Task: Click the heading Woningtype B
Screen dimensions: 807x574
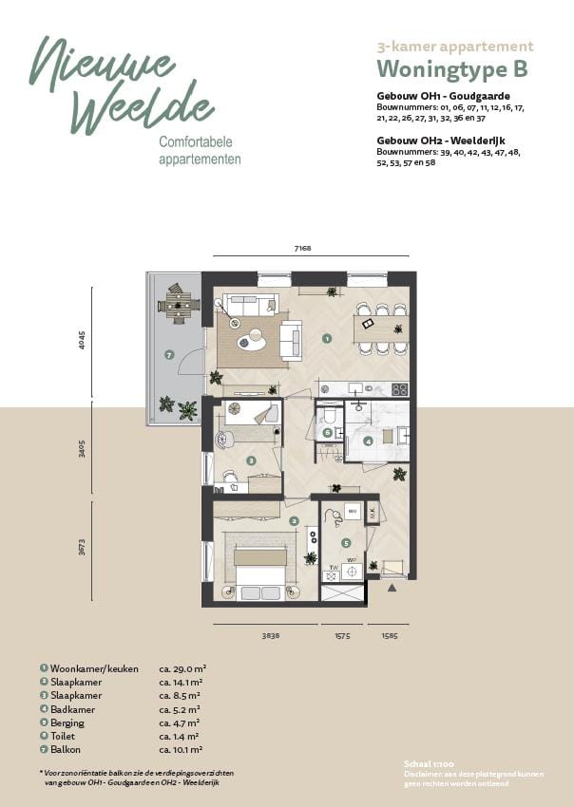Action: (x=451, y=69)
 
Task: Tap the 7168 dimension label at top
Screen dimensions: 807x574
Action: (x=302, y=249)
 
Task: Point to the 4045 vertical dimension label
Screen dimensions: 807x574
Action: (x=83, y=341)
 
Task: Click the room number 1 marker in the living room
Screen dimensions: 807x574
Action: (x=326, y=337)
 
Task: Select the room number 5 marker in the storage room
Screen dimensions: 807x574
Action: (x=346, y=543)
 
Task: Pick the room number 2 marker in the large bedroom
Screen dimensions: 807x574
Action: (x=294, y=521)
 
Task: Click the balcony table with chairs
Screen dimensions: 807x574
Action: (x=177, y=305)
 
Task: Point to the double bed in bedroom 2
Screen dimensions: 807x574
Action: (x=260, y=569)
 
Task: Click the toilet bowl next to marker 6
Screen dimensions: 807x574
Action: (x=329, y=416)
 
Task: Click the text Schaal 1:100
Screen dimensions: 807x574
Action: (x=424, y=763)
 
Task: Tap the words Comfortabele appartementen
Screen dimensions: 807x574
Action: (x=200, y=151)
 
